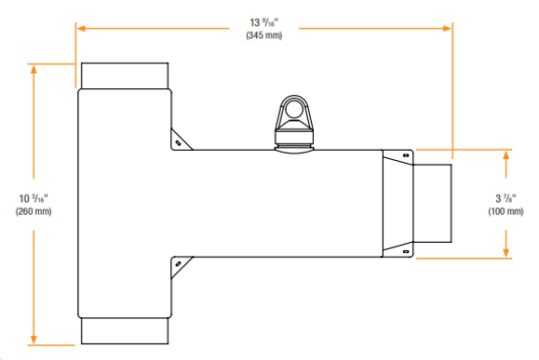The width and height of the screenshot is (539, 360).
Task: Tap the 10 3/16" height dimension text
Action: tap(34, 198)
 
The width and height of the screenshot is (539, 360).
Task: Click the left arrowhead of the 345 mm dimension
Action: tap(81, 29)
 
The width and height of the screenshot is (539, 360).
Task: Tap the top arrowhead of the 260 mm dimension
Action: tap(34, 69)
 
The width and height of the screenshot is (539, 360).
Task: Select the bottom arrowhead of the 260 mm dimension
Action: tap(34, 340)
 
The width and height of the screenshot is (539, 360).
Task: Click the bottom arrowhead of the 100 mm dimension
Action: tap(506, 253)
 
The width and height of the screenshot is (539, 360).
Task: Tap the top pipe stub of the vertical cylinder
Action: tap(124, 75)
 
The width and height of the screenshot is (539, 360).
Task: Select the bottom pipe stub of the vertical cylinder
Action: tap(124, 331)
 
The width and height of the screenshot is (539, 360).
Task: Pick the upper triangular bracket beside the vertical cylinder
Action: tap(178, 139)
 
